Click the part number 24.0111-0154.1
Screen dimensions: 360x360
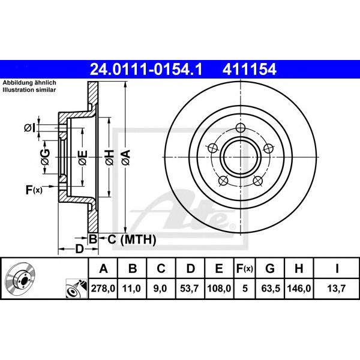coord(146,70)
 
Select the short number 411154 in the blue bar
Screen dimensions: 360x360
coord(249,70)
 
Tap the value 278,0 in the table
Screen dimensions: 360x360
coord(103,288)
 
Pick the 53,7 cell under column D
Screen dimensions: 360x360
coord(190,288)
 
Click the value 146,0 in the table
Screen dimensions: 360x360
coord(299,288)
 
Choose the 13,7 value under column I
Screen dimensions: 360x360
coord(337,288)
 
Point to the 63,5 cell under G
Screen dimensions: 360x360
coord(271,288)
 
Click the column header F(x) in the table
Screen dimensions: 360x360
coord(245,268)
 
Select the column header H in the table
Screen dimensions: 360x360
coord(299,268)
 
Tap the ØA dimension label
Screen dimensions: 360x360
coord(126,157)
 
